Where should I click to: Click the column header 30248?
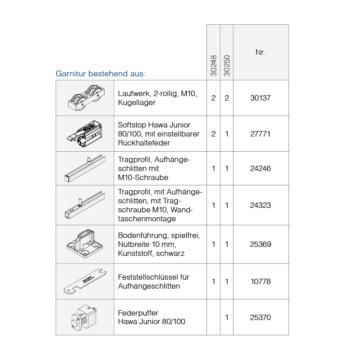click(x=214, y=66)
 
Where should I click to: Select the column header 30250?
click(x=227, y=66)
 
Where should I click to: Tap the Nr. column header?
click(x=260, y=53)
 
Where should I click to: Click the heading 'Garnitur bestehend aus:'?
click(x=101, y=74)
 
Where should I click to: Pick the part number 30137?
click(x=260, y=98)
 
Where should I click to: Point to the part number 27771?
click(x=260, y=134)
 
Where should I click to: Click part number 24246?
click(x=260, y=168)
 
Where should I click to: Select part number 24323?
click(x=260, y=205)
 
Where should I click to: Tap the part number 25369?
click(x=260, y=244)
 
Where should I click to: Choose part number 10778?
click(x=261, y=281)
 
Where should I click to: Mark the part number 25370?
click(x=260, y=317)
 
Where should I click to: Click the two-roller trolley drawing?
click(x=86, y=98)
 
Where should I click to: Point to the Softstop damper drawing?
click(x=84, y=134)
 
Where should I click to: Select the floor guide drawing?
click(x=84, y=244)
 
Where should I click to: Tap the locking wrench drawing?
click(x=85, y=282)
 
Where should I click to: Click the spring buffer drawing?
click(x=84, y=317)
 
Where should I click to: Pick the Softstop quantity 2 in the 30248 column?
click(x=214, y=134)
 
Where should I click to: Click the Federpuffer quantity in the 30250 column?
click(x=227, y=317)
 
